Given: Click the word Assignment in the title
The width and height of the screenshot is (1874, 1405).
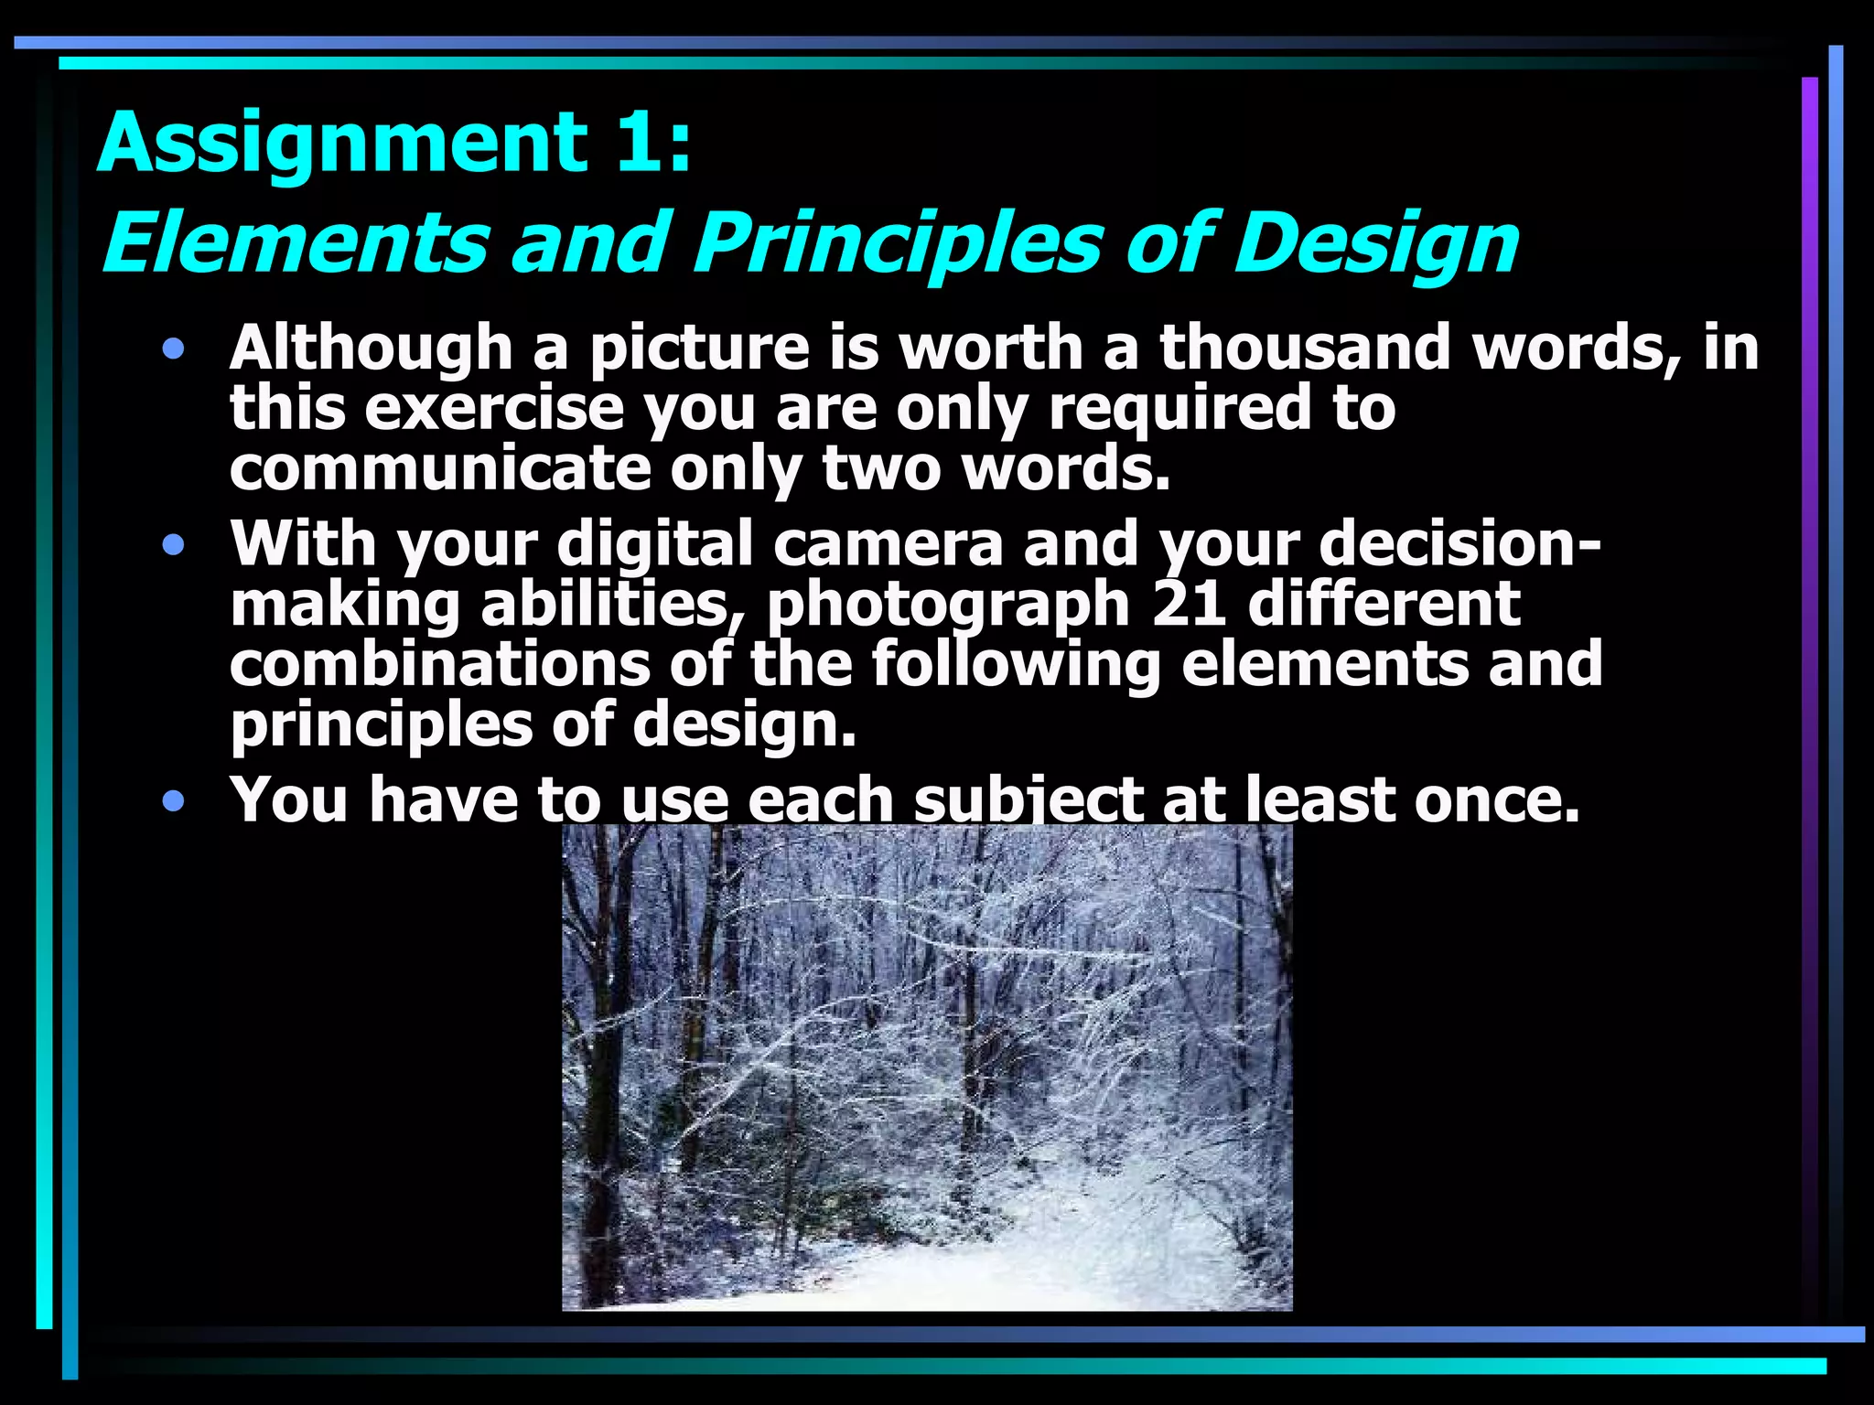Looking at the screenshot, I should pyautogui.click(x=342, y=143).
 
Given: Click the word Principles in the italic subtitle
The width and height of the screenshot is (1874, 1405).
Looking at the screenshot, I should pyautogui.click(x=898, y=243).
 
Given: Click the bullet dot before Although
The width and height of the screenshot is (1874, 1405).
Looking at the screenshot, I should pyautogui.click(x=173, y=349).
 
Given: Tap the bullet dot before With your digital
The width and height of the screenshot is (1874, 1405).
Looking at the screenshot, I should pyautogui.click(x=173, y=546).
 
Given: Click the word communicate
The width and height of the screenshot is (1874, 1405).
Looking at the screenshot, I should pyautogui.click(x=439, y=468).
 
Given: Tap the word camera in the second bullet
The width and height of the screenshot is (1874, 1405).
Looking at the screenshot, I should pyautogui.click(x=888, y=543).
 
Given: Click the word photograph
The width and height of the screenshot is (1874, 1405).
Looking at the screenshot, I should pyautogui.click(x=948, y=606).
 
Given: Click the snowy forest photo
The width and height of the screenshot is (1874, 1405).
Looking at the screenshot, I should pyautogui.click(x=926, y=1067).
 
